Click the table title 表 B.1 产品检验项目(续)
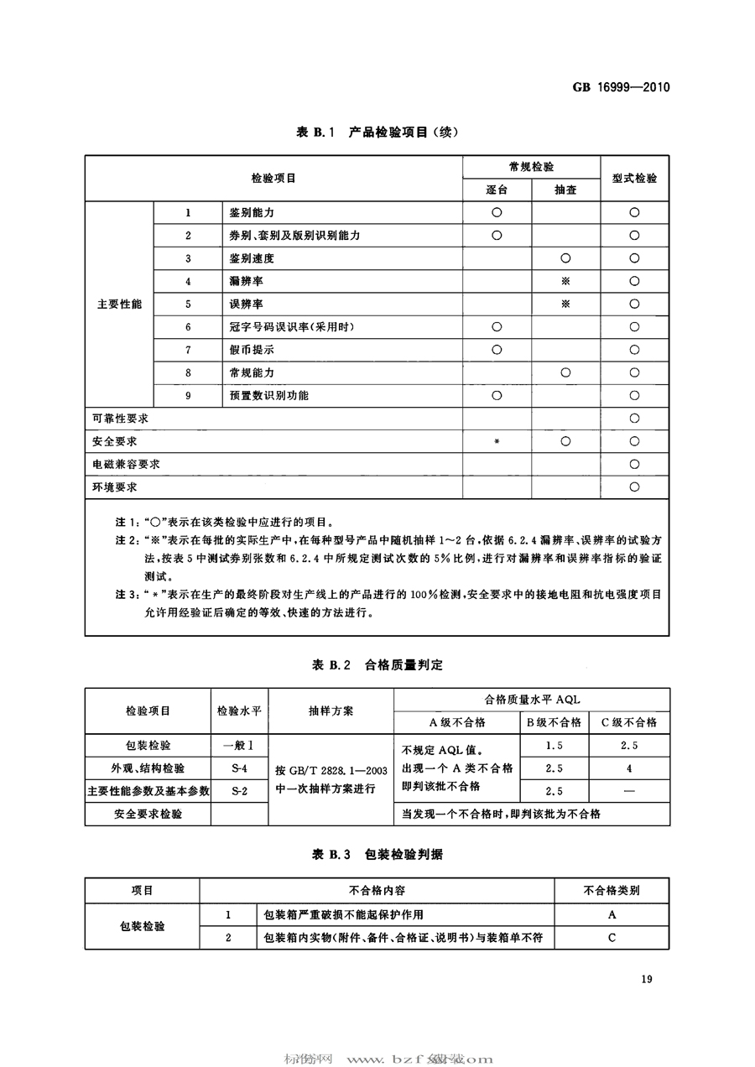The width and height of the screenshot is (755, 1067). (377, 132)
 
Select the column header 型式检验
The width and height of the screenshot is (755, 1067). (634, 179)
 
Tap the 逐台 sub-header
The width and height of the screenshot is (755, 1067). (497, 190)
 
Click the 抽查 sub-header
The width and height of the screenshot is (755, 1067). (565, 190)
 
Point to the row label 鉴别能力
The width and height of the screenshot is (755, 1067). (252, 213)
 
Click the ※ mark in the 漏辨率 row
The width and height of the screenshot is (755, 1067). (565, 281)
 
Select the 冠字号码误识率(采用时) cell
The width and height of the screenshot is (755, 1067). (286, 326)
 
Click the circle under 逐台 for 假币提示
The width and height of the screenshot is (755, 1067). (497, 349)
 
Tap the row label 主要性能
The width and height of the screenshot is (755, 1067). (118, 304)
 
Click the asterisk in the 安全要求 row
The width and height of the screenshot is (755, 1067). (497, 441)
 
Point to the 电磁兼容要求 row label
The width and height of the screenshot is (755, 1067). (126, 463)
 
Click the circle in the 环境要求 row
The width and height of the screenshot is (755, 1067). (634, 487)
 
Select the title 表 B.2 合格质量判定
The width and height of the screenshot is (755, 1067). (377, 664)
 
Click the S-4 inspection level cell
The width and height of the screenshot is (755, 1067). (238, 768)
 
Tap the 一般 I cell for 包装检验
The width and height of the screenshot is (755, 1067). (238, 745)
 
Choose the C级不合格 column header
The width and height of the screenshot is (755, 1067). (628, 722)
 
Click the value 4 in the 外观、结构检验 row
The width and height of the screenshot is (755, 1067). (628, 768)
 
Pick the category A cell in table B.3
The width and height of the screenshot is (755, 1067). (612, 914)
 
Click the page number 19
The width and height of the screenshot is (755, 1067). (645, 978)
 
